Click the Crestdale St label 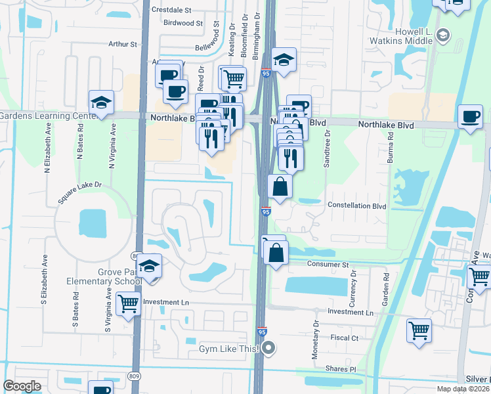click(x=171, y=11)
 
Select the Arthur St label click(x=123, y=45)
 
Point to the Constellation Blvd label click(x=357, y=206)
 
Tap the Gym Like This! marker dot click(x=268, y=349)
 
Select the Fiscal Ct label click(x=345, y=338)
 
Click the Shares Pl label click(x=343, y=369)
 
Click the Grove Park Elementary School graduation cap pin click(x=150, y=267)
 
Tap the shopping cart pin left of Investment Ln click(x=127, y=304)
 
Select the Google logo click(x=22, y=386)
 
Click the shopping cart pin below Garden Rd click(x=418, y=330)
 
